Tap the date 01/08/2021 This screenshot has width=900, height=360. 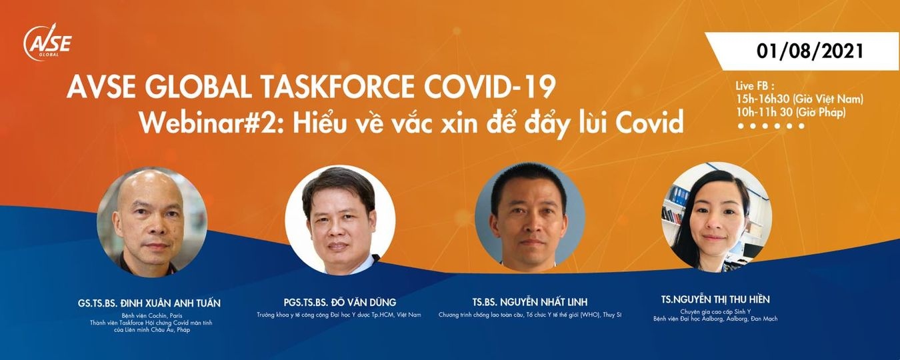click(x=810, y=51)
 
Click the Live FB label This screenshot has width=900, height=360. click(x=755, y=87)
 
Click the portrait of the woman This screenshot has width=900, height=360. click(x=716, y=216)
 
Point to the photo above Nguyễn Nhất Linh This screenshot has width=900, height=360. click(x=530, y=217)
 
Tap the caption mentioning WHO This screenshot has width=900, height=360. click(x=530, y=315)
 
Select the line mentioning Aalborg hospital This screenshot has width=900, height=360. click(x=715, y=319)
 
